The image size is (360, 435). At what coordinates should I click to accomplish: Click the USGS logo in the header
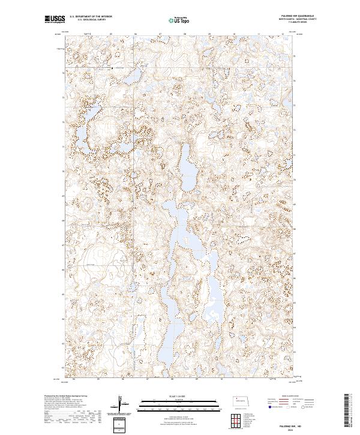tap(55, 20)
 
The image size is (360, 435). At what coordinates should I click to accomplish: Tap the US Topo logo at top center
tap(180, 20)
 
